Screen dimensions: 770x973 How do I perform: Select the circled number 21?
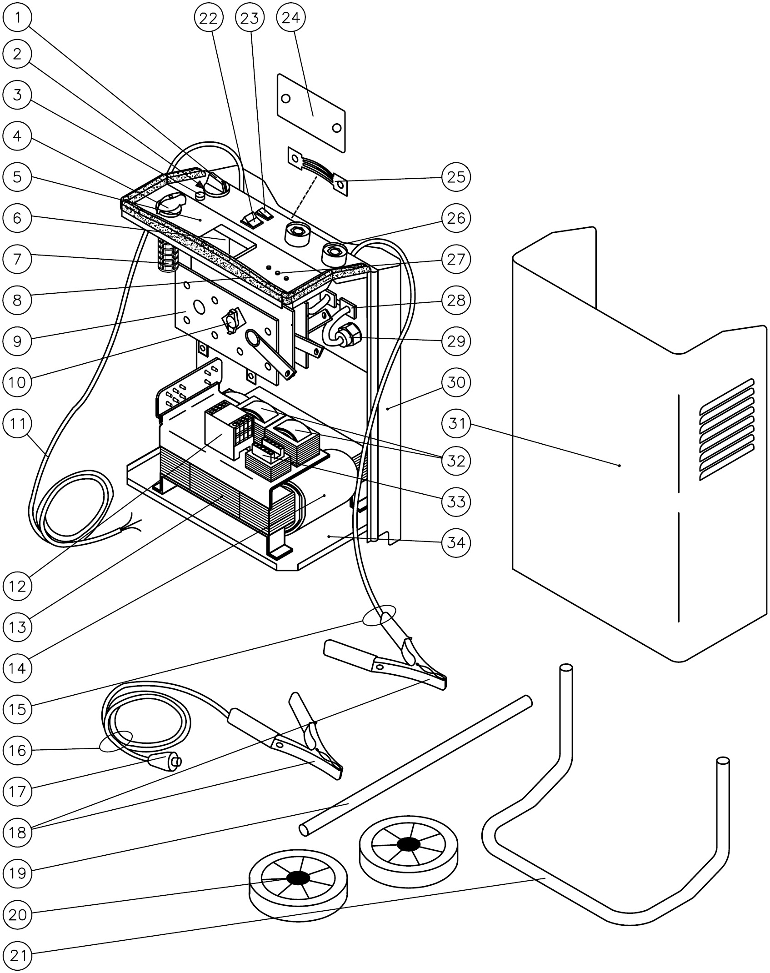18,956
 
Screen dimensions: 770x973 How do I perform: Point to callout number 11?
18,423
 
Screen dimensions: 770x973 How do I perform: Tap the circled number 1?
18,18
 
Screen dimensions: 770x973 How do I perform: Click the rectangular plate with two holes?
311,114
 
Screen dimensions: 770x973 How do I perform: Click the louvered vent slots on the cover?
725,429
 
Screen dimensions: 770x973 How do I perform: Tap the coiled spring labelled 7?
167,256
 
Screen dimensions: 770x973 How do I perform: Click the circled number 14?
18,669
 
